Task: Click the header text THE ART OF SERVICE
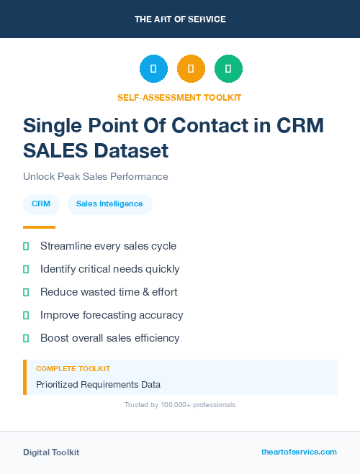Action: pyautogui.click(x=180, y=19)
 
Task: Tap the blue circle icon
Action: pyautogui.click(x=153, y=68)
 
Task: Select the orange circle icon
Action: pyautogui.click(x=191, y=68)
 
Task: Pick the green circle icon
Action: pyautogui.click(x=228, y=68)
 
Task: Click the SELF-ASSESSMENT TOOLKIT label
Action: pyautogui.click(x=180, y=97)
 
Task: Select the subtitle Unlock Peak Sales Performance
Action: pyautogui.click(x=96, y=176)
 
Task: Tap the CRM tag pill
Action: pyautogui.click(x=41, y=204)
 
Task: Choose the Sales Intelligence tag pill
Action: pyautogui.click(x=109, y=204)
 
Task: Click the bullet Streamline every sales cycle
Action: pyautogui.click(x=108, y=246)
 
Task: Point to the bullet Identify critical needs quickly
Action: pyautogui.click(x=109, y=269)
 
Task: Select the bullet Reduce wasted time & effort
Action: pyautogui.click(x=109, y=292)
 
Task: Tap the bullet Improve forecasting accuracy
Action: pyautogui.click(x=112, y=315)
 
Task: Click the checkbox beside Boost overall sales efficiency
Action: pyautogui.click(x=26, y=338)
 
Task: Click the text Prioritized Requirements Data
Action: pyautogui.click(x=98, y=384)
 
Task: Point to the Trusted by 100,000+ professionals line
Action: pyautogui.click(x=180, y=405)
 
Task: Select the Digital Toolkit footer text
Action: pyautogui.click(x=51, y=452)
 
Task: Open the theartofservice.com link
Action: pyautogui.click(x=299, y=452)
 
